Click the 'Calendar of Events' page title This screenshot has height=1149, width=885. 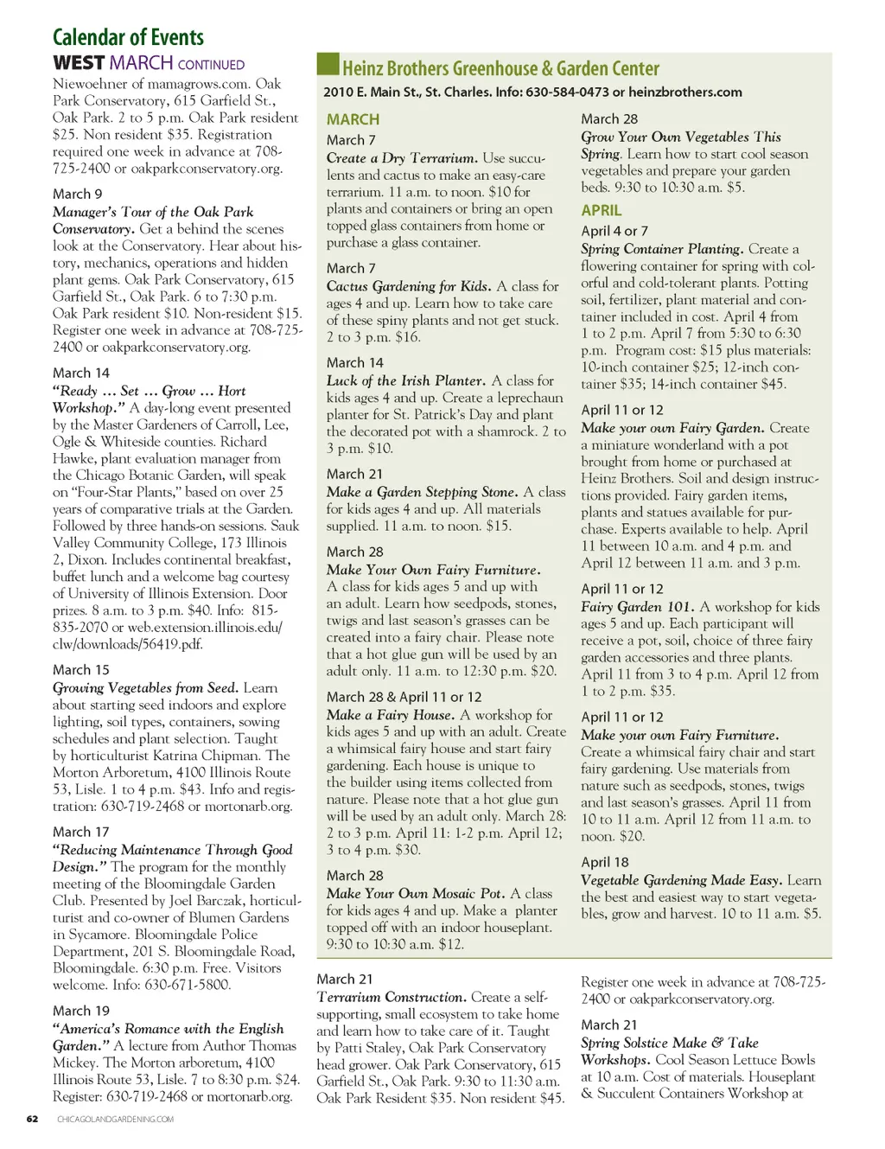pyautogui.click(x=128, y=37)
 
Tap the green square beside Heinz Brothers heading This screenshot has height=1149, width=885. pyautogui.click(x=328, y=65)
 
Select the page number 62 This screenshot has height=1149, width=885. pyautogui.click(x=32, y=1119)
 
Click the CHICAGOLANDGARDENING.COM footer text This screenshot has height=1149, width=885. pyautogui.click(x=115, y=1119)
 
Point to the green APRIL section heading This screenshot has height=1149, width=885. pyautogui.click(x=602, y=210)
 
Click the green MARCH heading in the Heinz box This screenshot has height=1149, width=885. pyautogui.click(x=353, y=119)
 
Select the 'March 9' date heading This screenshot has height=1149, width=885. pyautogui.click(x=78, y=194)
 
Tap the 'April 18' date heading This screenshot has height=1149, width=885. pyautogui.click(x=605, y=862)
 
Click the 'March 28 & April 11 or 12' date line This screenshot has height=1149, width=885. pyautogui.click(x=404, y=697)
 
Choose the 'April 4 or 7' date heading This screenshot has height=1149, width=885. pyautogui.click(x=614, y=231)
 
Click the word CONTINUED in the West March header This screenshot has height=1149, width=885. pyautogui.click(x=211, y=65)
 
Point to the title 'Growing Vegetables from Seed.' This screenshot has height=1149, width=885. pyautogui.click(x=145, y=688)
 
